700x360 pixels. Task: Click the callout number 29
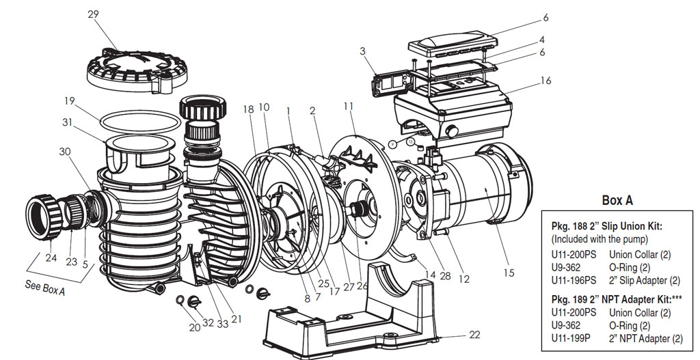[93, 14]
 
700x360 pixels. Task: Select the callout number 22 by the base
[474, 334]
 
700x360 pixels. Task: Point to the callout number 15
[509, 273]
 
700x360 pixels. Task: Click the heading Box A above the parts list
[617, 200]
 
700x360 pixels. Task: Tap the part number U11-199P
[571, 339]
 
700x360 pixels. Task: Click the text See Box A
[45, 288]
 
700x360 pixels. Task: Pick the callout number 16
[546, 81]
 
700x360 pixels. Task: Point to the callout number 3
[362, 51]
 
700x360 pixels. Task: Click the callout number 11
[349, 106]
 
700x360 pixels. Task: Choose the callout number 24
[51, 258]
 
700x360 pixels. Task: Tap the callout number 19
[69, 101]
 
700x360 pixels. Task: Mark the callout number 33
[223, 324]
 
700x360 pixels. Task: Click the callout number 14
[430, 275]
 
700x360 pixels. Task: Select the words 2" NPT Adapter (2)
[645, 339]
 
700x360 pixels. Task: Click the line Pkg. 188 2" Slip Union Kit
[607, 226]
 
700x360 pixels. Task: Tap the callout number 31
[67, 122]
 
